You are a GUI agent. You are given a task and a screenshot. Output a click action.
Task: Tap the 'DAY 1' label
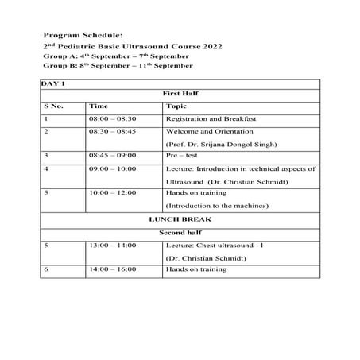pyautogui.click(x=53, y=83)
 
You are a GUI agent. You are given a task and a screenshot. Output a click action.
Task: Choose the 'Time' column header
pyautogui.click(x=99, y=105)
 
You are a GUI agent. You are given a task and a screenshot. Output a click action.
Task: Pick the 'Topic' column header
pyautogui.click(x=177, y=105)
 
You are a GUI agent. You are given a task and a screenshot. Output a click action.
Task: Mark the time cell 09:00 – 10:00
pyautogui.click(x=112, y=168)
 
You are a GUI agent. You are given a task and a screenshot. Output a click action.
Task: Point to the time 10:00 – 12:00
pyautogui.click(x=112, y=192)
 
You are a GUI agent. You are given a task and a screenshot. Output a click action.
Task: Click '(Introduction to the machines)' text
pyautogui.click(x=217, y=206)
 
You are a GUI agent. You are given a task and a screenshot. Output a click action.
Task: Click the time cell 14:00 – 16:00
pyautogui.click(x=112, y=269)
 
